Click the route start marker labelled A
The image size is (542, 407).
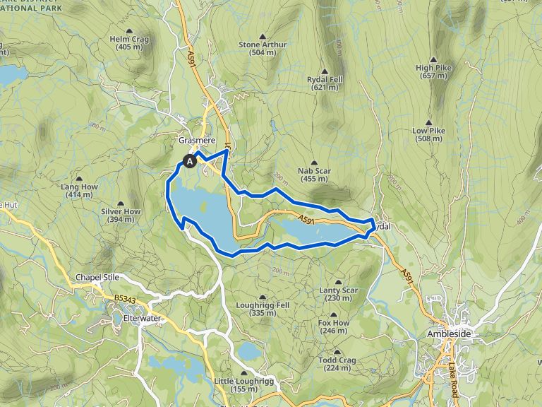click(190, 161)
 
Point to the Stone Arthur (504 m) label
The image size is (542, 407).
click(262, 48)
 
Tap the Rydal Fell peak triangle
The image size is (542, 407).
click(325, 71)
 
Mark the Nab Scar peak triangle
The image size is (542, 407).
click(315, 163)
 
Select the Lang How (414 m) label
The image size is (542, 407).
click(80, 191)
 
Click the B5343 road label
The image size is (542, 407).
click(124, 300)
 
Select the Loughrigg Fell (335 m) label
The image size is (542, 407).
click(263, 309)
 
